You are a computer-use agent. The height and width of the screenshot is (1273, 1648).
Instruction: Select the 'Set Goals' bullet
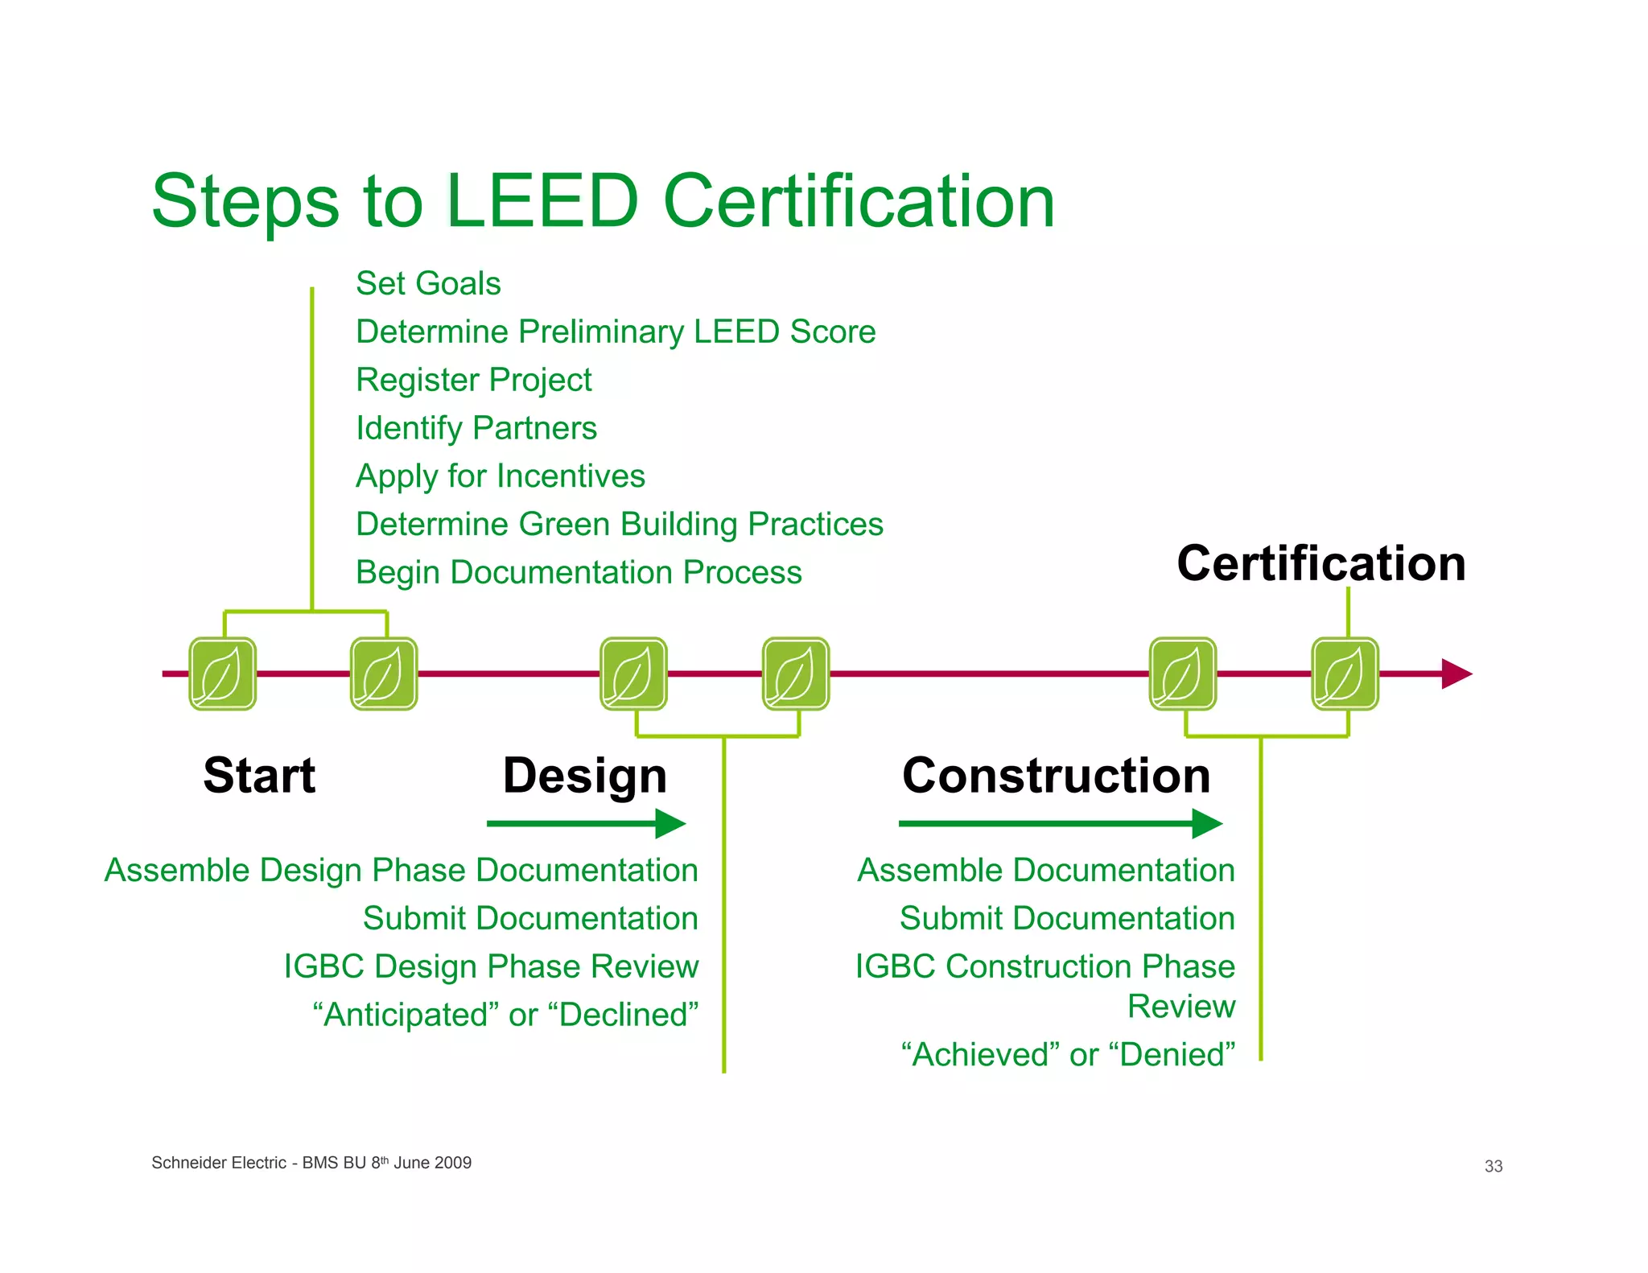tap(428, 284)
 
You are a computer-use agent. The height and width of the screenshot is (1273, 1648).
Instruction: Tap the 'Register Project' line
tap(473, 380)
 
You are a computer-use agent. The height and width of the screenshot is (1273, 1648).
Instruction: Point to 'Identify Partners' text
tap(476, 428)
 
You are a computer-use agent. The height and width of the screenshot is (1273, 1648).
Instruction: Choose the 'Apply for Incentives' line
tap(500, 476)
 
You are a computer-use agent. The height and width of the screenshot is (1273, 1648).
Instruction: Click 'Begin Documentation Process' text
tap(579, 573)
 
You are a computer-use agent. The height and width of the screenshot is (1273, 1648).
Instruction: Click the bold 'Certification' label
tap(1320, 563)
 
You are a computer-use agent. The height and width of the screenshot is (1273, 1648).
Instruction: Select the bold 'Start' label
tap(259, 776)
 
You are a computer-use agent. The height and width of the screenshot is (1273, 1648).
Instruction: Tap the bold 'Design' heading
tap(585, 776)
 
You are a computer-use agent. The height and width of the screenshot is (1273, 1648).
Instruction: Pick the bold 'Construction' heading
tap(1056, 776)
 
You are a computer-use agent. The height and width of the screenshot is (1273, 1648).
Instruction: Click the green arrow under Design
tap(585, 823)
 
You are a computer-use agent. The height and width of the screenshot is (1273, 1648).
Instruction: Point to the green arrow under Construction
tap(1059, 823)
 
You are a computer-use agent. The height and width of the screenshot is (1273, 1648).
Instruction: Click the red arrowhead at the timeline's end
tap(1456, 674)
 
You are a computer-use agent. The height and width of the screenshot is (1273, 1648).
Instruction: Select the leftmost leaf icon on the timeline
tap(223, 674)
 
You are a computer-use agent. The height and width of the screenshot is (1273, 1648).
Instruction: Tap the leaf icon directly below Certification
tap(1345, 674)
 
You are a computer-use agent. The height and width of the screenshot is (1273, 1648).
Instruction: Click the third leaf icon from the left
tap(634, 674)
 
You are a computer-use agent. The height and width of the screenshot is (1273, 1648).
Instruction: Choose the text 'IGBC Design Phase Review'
tap(491, 966)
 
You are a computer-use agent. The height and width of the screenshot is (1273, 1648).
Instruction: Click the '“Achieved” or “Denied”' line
tap(1068, 1055)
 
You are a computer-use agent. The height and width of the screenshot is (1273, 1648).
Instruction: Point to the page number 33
tap(1493, 1166)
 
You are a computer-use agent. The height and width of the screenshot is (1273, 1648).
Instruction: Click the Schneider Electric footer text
tap(311, 1163)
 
